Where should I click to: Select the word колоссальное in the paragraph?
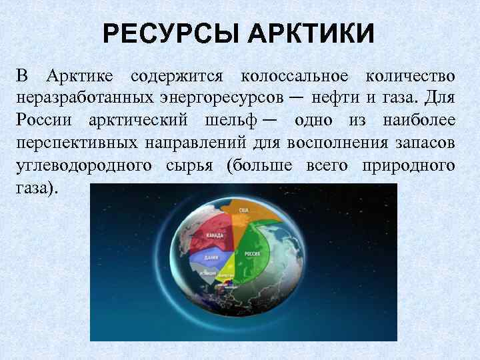(x=297, y=78)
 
